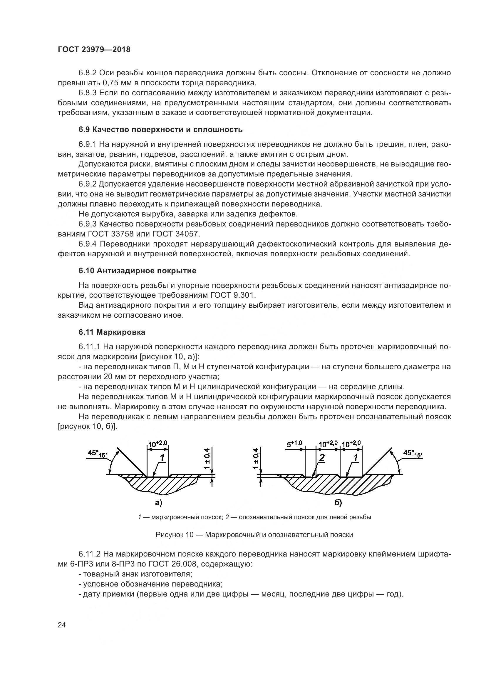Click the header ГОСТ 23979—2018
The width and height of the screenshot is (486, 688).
pos(94,50)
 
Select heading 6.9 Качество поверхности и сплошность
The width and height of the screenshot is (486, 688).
pos(160,129)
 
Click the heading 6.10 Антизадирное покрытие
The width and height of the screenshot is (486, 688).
pos(137,271)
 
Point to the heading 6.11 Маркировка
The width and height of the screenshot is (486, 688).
pos(112,332)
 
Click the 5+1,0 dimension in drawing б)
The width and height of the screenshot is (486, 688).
pos(294,444)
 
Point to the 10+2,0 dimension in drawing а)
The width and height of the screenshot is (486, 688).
pos(157,444)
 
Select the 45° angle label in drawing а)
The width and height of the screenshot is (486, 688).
pos(97,453)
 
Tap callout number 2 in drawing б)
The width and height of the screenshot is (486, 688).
pos(322,458)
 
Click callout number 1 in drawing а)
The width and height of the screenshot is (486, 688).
pos(162,458)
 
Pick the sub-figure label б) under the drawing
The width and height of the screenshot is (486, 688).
pos(338,503)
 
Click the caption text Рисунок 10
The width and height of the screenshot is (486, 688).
pos(175,534)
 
